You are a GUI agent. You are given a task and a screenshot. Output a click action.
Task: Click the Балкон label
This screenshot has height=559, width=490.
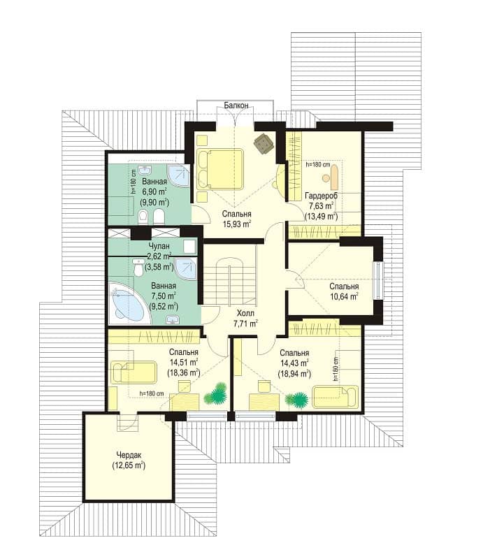tap(236, 106)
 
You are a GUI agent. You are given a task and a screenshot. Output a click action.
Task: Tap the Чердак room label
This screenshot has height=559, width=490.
tap(129, 455)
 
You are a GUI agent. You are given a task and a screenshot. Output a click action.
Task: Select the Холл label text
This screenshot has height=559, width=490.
tap(245, 313)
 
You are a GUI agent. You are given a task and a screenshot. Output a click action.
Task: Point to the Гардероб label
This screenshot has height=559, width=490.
tap(321, 196)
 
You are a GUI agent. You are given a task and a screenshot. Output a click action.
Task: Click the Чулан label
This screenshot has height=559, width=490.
tap(159, 246)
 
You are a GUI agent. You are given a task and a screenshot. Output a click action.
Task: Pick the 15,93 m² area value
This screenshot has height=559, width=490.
tap(237, 224)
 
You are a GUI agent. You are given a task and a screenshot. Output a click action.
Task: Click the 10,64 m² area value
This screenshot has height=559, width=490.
tap(344, 296)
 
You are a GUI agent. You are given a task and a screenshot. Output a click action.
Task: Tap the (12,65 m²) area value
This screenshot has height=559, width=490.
tap(129, 465)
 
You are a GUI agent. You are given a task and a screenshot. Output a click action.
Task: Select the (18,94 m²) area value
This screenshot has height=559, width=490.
tap(294, 373)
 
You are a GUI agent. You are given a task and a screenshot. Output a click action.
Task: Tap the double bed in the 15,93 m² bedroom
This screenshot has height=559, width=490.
tap(219, 168)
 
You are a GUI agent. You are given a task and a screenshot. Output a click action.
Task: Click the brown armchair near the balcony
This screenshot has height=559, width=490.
tap(264, 143)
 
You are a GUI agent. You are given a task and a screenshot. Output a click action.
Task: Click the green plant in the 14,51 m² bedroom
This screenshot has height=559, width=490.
tap(215, 393)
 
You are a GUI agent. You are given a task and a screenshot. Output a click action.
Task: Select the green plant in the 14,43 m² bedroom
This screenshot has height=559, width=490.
tap(297, 399)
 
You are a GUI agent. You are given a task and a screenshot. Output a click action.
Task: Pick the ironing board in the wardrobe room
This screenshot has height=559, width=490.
tap(335, 177)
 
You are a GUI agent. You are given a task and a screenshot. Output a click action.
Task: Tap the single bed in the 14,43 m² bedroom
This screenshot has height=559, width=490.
tap(335, 396)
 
